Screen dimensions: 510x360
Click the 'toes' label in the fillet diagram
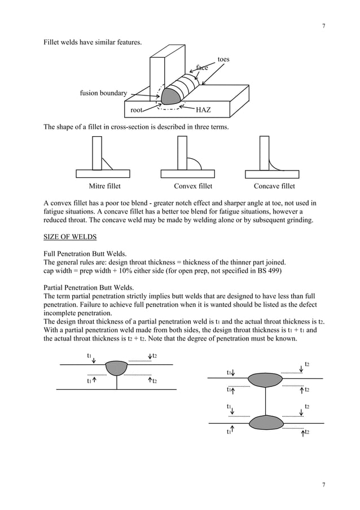(223, 59)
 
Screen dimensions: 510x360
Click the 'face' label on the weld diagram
(201, 67)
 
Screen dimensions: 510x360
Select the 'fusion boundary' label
(103, 93)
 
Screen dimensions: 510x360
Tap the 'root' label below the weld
(136, 110)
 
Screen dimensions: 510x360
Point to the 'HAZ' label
(203, 110)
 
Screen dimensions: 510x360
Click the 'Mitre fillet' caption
(104, 186)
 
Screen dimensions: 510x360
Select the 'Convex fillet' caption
(193, 186)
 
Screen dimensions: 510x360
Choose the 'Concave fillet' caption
(274, 186)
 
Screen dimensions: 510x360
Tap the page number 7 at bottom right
(323, 485)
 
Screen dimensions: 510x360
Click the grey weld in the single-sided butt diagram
(116, 368)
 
